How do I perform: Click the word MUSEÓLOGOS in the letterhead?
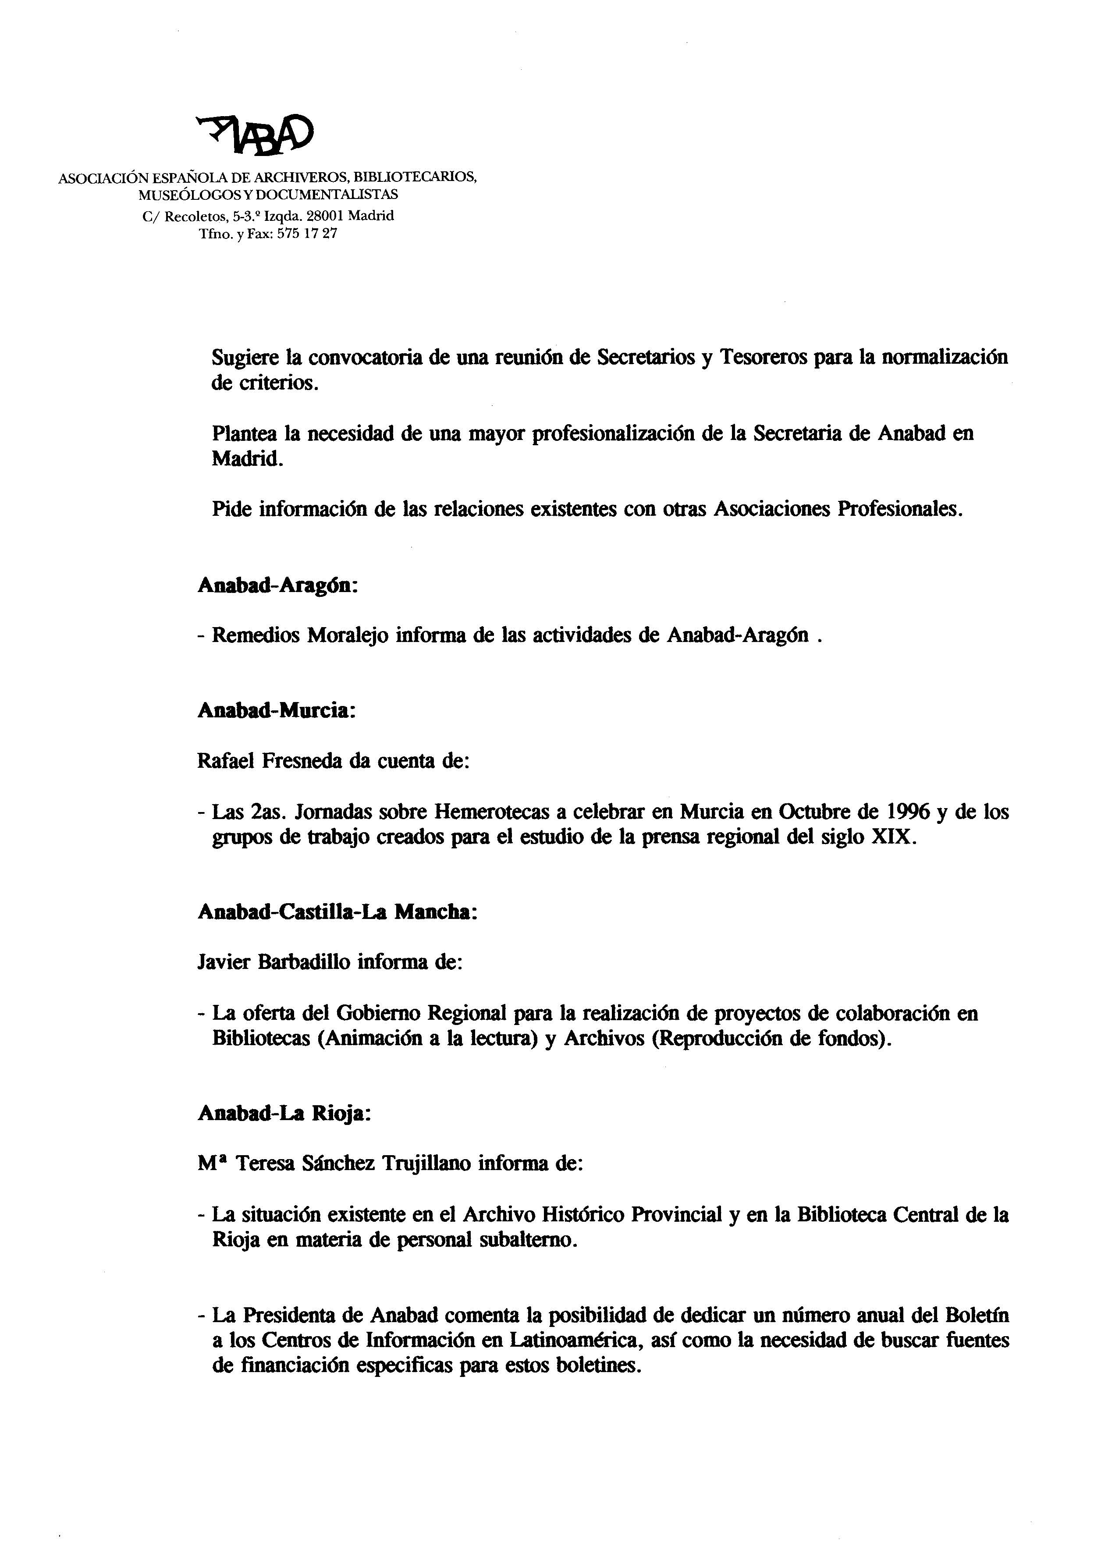click(178, 195)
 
